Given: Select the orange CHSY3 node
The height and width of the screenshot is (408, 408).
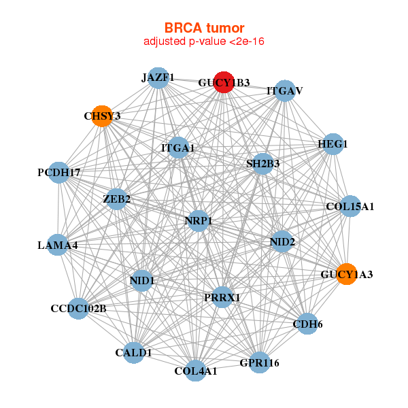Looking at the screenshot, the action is tap(102, 116).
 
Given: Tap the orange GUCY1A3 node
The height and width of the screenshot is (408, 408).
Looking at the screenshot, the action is tap(346, 274).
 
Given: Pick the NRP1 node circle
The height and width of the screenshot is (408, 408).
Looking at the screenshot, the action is tap(198, 221).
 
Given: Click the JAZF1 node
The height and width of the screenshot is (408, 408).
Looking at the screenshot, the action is tap(158, 78).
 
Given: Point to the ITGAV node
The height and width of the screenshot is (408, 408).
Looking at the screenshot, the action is tap(284, 90).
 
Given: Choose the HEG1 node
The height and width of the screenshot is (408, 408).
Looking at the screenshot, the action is tap(332, 144).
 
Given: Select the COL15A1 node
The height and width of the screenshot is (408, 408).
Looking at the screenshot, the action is tap(350, 206).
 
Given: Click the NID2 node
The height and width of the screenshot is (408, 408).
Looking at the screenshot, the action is tap(282, 241).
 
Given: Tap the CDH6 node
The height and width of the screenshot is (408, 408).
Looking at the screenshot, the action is tap(307, 324).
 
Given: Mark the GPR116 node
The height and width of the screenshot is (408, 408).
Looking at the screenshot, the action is tap(259, 362).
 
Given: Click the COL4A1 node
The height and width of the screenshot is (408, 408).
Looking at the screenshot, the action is tap(195, 371).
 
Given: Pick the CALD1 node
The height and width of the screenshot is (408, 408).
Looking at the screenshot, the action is tap(134, 352).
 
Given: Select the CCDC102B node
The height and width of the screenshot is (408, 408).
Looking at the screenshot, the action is tap(78, 309).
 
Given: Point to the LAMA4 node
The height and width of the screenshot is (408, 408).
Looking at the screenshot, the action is tap(58, 245).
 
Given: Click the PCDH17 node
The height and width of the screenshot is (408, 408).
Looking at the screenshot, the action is tap(59, 173).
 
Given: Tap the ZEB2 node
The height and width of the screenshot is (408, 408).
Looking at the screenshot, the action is tap(117, 199).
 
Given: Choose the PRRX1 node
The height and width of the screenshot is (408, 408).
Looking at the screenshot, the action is tap(222, 297).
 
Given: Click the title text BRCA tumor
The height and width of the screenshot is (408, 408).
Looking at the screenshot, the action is tap(204, 28).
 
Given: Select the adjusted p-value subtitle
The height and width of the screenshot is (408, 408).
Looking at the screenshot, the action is tap(204, 41).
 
